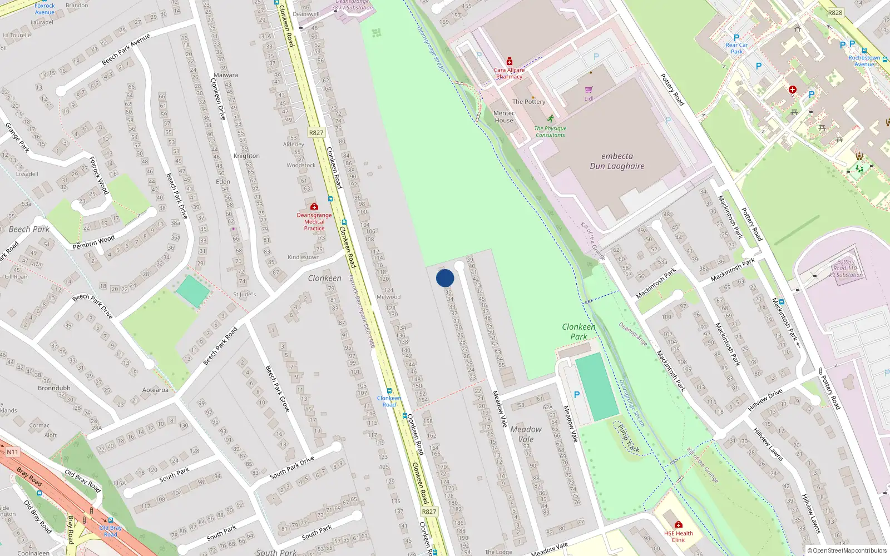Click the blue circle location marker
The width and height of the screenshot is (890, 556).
[x=445, y=278]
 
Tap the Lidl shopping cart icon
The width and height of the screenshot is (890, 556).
[x=589, y=90]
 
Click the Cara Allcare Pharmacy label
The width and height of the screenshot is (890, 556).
[x=509, y=73]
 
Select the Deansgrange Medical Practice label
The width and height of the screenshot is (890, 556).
[x=314, y=221]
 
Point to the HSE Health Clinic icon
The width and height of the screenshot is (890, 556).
[x=678, y=524]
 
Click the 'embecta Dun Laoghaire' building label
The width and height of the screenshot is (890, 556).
[x=617, y=161]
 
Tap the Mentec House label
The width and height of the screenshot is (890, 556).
[x=504, y=117]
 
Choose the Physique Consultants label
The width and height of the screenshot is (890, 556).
[x=550, y=131]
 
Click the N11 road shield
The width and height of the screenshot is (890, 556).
[x=12, y=452]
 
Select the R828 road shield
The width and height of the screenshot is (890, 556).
[x=835, y=12]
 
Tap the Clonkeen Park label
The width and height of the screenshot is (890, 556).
[x=578, y=331]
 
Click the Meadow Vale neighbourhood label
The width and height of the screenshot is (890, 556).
[x=526, y=434]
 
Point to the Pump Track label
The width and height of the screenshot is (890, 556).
[x=629, y=439]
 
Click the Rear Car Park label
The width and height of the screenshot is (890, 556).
[x=736, y=48]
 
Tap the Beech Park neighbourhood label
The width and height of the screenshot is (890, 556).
[x=29, y=229]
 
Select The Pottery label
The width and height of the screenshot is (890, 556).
[x=528, y=102]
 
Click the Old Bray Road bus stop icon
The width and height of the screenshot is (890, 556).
[x=111, y=521]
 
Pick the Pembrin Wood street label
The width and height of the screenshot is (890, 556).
[x=93, y=242]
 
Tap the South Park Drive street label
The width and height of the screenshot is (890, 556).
[x=291, y=468]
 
